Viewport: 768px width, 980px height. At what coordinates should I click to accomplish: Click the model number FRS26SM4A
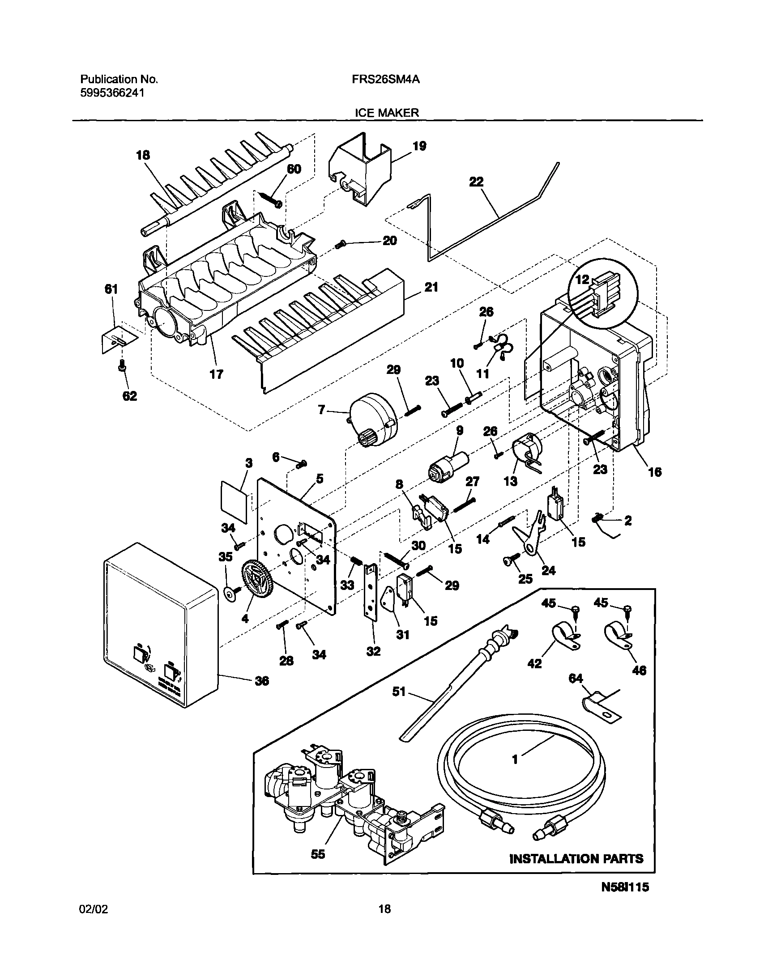point(386,80)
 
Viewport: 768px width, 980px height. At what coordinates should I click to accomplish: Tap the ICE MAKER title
point(387,113)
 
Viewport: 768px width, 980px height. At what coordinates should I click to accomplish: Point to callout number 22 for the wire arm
point(476,182)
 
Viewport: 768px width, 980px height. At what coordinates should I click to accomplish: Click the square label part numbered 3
point(235,501)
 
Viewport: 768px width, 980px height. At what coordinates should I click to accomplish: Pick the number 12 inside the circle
point(582,280)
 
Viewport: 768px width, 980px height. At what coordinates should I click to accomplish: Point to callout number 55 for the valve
point(318,854)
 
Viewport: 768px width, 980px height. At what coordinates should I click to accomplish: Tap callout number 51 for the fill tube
point(399,692)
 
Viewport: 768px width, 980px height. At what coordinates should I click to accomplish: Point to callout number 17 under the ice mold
point(216,374)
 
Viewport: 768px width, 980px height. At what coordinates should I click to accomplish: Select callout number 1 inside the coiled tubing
point(515,759)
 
